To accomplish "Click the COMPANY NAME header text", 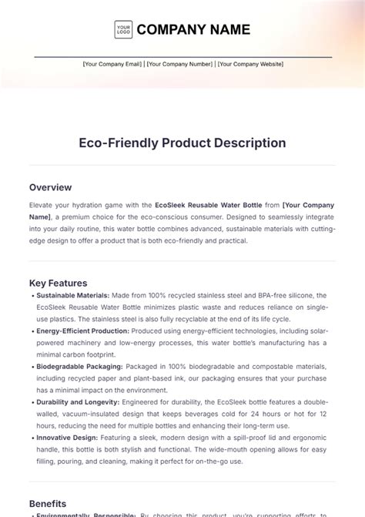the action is tap(193, 30).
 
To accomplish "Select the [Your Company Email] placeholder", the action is tap(112, 65).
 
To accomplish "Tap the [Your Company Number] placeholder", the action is tap(179, 65).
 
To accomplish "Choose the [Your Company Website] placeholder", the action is tap(250, 65).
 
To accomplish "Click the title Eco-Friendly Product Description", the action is tap(182, 143).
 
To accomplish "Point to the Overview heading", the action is tap(50, 187).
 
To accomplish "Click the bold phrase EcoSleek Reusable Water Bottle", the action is tap(218, 205).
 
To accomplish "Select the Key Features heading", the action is tap(58, 283).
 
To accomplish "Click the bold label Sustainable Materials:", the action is tap(73, 295).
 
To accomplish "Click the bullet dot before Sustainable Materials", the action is tap(32, 295).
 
